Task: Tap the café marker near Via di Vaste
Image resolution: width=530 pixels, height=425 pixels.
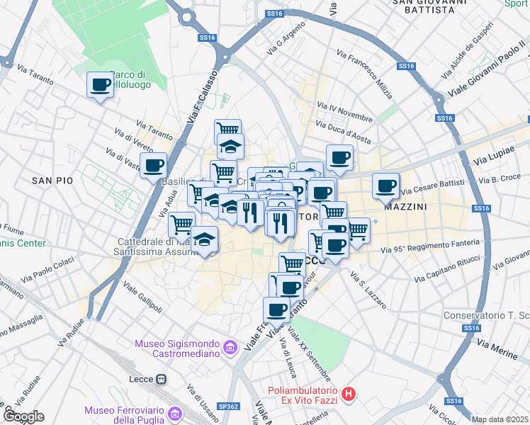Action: pos(153,166)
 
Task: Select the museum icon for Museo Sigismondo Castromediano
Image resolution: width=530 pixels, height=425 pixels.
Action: pos(230,347)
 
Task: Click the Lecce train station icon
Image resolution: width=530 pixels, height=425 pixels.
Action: pos(162,379)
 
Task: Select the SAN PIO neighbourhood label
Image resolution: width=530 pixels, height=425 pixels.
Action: pos(52,181)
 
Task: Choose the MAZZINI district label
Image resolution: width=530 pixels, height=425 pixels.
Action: pos(405,208)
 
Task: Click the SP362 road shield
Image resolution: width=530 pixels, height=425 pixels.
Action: pos(228,407)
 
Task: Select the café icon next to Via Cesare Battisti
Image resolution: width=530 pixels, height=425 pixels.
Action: pos(386,186)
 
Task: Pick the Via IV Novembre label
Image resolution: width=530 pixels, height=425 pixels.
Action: pos(345,113)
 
